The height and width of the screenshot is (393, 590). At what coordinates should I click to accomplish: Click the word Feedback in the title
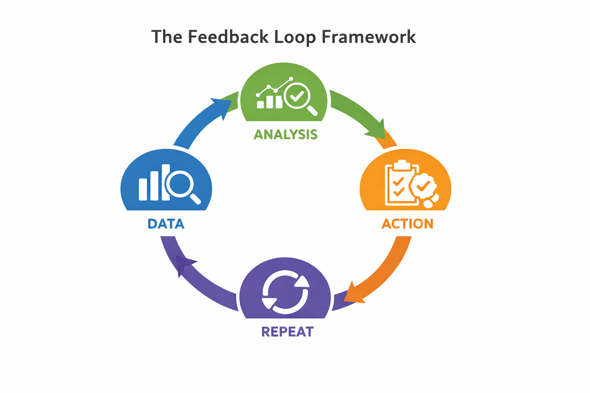tap(228, 37)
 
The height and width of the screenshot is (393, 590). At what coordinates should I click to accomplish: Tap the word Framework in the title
tap(369, 37)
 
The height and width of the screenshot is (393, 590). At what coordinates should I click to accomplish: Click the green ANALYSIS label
tap(285, 134)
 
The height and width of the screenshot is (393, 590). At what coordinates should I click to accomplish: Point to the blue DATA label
tap(166, 224)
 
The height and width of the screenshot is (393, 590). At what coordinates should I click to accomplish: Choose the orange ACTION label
tap(407, 224)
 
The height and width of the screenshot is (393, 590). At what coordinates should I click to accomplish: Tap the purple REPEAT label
tap(287, 332)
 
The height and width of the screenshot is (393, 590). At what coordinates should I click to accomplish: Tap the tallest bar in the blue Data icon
tap(166, 182)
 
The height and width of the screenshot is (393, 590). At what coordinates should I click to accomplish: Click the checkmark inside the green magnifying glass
tap(297, 95)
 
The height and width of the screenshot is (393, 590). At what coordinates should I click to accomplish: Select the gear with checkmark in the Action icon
tap(423, 186)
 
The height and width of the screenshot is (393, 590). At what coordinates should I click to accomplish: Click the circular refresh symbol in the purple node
tap(285, 292)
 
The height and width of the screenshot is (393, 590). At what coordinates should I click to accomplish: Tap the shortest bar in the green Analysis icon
tap(260, 104)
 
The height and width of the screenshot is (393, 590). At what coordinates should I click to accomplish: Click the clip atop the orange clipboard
tap(402, 164)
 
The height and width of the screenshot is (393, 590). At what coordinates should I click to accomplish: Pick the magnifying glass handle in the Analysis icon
tap(312, 111)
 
